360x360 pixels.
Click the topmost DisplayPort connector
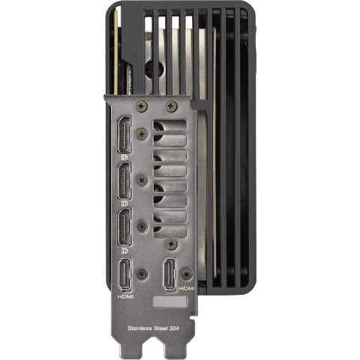point(124,134)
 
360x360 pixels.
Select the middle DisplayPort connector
point(124,181)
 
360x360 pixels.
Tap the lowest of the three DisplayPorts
point(124,227)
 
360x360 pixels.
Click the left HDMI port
point(124,274)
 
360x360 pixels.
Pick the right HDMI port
point(169,274)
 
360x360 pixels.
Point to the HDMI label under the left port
point(125,297)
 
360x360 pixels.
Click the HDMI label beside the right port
point(187,289)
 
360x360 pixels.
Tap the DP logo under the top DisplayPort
point(124,157)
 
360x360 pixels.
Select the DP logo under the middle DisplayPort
point(124,204)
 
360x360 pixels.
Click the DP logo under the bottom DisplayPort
point(124,250)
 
